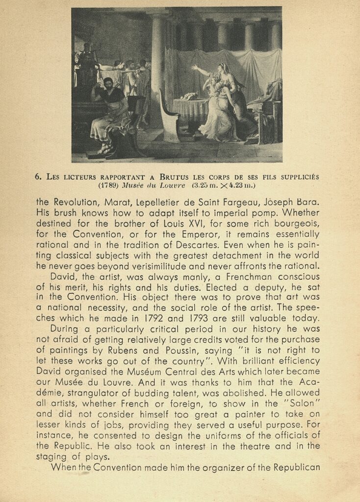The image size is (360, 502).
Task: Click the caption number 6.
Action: (x=37, y=177)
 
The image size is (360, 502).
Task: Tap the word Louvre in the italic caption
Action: (x=171, y=185)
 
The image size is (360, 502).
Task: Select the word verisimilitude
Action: (x=165, y=266)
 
